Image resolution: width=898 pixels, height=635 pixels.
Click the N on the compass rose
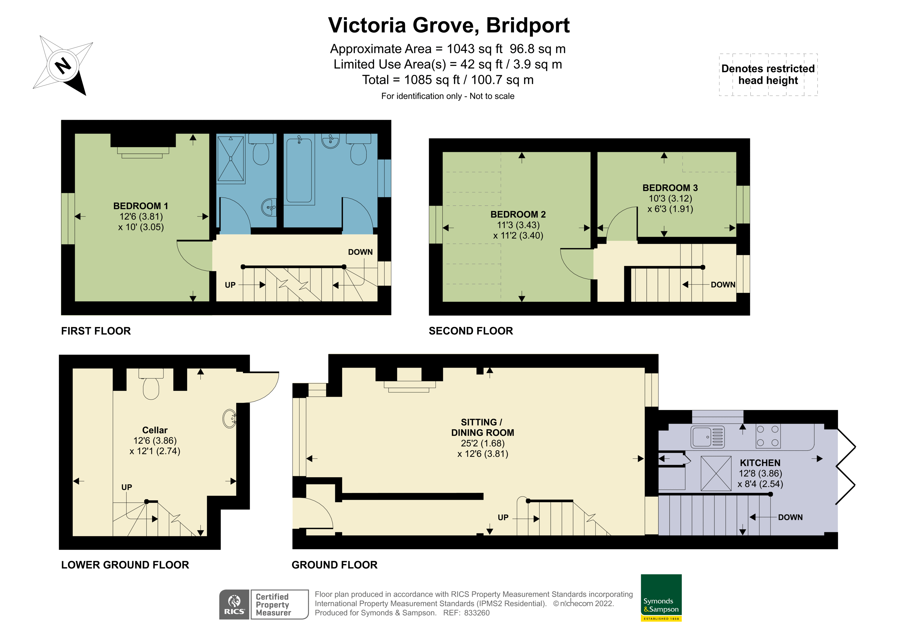pyautogui.click(x=63, y=65)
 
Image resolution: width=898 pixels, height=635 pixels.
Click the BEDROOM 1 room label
pyautogui.click(x=141, y=206)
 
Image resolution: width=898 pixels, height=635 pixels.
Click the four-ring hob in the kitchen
pyautogui.click(x=767, y=436)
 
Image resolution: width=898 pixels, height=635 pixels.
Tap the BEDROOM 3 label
pyautogui.click(x=670, y=188)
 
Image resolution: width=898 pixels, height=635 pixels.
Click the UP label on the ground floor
pyautogui.click(x=503, y=518)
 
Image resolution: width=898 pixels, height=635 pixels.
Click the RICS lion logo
pyautogui.click(x=234, y=604)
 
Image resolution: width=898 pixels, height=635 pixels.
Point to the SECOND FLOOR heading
pyautogui.click(x=471, y=331)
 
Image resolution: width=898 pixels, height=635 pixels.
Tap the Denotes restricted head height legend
pyautogui.click(x=768, y=74)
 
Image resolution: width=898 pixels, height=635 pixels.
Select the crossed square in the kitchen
pyautogui.click(x=716, y=473)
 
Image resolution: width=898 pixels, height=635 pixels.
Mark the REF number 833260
pyautogui.click(x=476, y=613)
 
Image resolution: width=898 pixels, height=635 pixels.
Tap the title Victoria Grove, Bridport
pyautogui.click(x=449, y=25)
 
